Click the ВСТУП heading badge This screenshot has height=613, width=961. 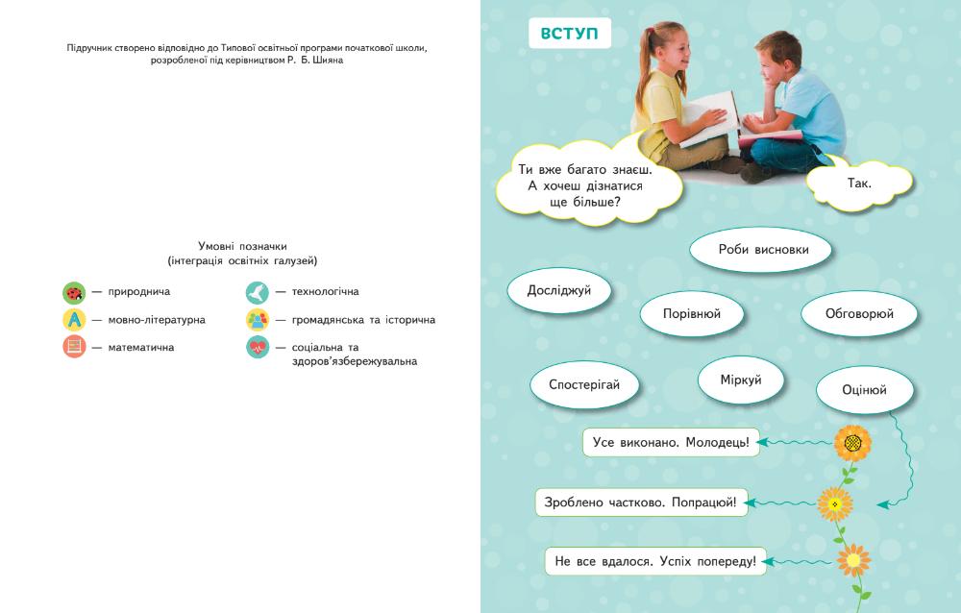[570, 34]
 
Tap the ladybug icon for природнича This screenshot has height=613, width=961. [74, 291]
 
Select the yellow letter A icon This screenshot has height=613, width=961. [74, 319]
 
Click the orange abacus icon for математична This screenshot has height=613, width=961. [74, 347]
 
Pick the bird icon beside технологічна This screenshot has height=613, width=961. [257, 291]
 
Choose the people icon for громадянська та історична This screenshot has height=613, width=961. [257, 319]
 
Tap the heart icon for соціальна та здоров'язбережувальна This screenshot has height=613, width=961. [257, 347]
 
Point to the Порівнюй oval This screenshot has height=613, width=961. [692, 313]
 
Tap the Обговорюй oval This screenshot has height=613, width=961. [859, 313]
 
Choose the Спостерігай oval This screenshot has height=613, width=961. [584, 384]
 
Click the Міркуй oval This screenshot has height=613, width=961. [741, 380]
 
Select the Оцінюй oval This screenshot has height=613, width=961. [864, 390]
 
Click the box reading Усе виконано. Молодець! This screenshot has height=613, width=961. [671, 443]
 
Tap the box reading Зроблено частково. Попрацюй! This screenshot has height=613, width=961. [645, 502]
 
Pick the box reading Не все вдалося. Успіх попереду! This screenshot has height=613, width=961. [657, 560]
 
